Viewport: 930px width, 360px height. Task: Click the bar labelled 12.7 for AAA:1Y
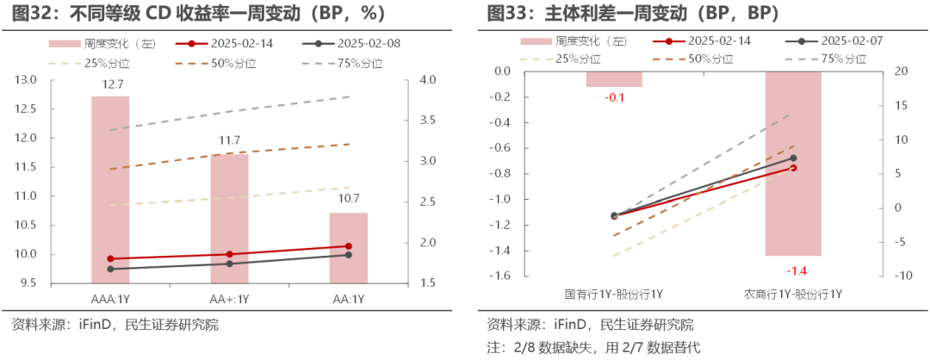coord(110,189)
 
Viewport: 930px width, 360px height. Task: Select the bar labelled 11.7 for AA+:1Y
coord(229,219)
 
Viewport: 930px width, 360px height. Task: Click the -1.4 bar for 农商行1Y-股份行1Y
coord(793,164)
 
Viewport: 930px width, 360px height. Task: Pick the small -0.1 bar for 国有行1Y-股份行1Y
coord(614,79)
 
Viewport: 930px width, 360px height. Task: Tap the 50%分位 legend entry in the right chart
coord(698,59)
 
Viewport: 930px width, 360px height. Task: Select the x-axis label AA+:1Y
coord(229,299)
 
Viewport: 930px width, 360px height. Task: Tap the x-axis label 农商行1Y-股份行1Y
coord(793,295)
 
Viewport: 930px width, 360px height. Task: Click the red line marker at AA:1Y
coord(348,246)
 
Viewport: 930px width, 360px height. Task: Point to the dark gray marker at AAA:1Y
coord(110,269)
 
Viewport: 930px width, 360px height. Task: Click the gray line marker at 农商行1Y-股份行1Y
coord(793,158)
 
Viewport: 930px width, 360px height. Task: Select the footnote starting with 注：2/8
coord(594,348)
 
